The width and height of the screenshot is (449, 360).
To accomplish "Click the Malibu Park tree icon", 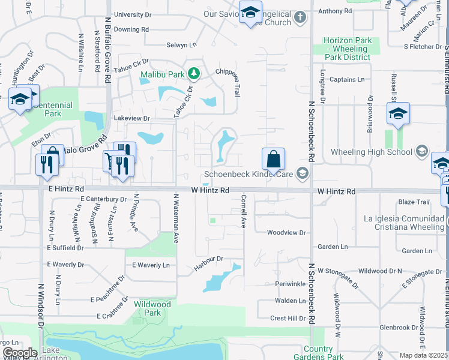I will pos(193,74).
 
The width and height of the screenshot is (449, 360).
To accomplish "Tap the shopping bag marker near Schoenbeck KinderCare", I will pos(273,160).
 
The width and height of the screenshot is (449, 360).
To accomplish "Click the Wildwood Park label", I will pos(152,308).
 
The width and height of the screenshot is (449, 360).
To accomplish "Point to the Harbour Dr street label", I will pos(208,259).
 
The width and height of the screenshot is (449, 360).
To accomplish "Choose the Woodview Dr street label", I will pos(286,232).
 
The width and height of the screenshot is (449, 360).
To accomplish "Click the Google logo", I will pos(19,353).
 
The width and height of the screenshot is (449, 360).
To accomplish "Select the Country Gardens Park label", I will pos(318,353).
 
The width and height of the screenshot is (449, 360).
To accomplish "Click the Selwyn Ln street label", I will pos(181,45).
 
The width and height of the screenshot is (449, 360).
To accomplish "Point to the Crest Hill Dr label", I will pos(288,318).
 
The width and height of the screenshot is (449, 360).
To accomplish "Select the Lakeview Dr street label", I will pos(131,119).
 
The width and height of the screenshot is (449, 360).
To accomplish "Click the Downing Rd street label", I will pos(131,29).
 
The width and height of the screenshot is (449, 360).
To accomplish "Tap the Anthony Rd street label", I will pos(330,11).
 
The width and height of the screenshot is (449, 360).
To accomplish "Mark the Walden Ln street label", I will pos(290,301).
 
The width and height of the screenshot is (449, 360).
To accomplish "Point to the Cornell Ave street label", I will pos(244,211).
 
